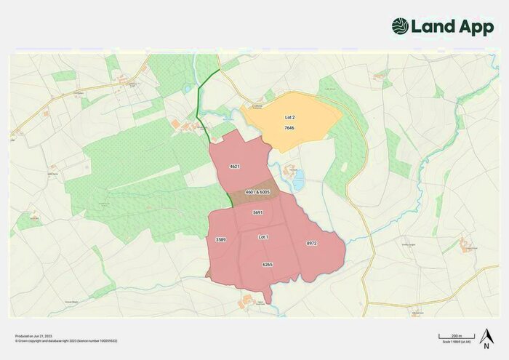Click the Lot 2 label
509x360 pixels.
point(289,116)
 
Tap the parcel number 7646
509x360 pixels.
point(289,128)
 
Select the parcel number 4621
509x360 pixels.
point(234,167)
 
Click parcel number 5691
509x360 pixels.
point(257,212)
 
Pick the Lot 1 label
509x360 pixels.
point(263,237)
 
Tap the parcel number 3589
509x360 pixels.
point(221,239)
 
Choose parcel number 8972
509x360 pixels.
point(311,244)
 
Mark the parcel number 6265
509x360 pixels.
point(267,265)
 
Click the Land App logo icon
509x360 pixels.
point(401,27)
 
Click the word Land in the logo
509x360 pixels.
point(433,27)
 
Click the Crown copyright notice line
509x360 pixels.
point(66,340)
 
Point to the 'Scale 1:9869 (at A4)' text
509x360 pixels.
point(456,342)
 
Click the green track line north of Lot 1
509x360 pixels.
point(203,109)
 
